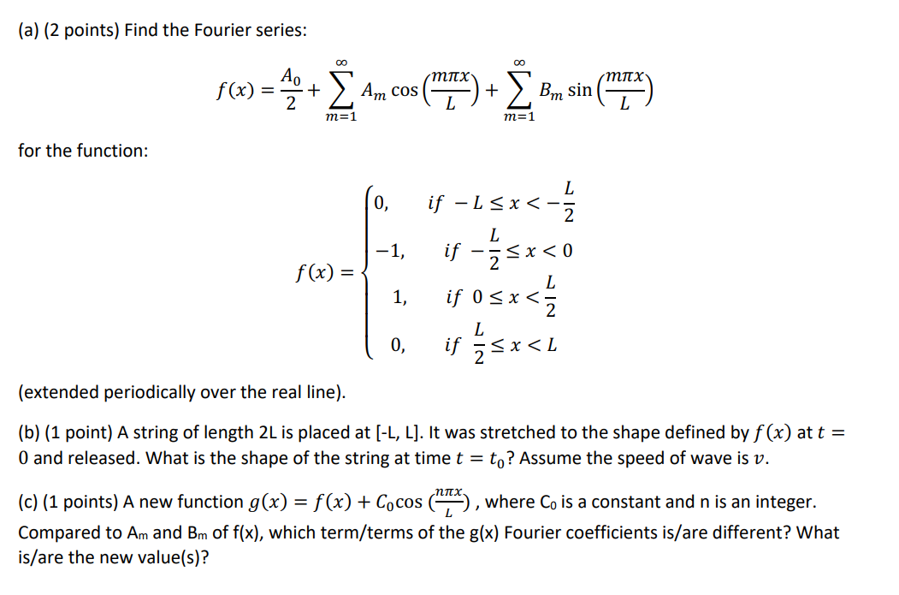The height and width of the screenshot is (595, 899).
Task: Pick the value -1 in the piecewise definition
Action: click(390, 252)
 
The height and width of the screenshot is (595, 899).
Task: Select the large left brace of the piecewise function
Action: click(370, 274)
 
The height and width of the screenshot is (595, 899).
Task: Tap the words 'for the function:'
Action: click(82, 151)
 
